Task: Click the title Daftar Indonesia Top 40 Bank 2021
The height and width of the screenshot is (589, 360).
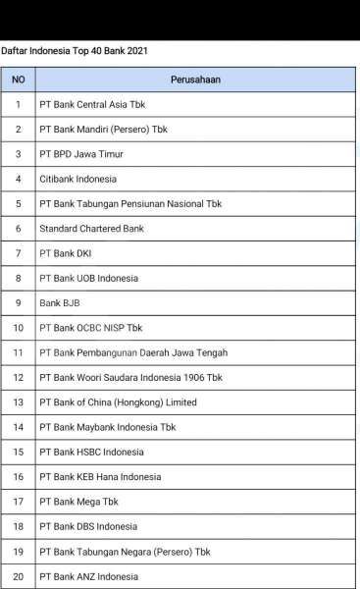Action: click(x=75, y=50)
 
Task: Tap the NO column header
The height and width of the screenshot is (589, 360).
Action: click(x=18, y=80)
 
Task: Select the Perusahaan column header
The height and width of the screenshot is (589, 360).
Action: click(x=194, y=80)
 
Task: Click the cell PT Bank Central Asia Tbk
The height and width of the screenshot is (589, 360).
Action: click(x=92, y=104)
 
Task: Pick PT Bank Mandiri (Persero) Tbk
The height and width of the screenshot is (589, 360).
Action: click(x=103, y=130)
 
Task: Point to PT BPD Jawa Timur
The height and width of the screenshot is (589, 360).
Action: click(x=81, y=154)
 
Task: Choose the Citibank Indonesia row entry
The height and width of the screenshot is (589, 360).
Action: click(x=77, y=179)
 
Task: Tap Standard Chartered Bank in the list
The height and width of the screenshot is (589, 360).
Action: click(x=91, y=229)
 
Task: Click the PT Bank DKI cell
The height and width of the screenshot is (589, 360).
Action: click(x=65, y=253)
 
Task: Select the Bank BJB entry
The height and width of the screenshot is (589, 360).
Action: click(x=60, y=303)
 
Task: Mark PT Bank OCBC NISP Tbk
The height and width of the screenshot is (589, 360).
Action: click(x=90, y=328)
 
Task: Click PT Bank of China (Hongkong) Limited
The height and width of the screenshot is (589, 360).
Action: click(x=118, y=402)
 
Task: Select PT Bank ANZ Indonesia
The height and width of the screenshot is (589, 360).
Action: click(x=88, y=576)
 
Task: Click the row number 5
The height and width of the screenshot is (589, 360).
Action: click(x=18, y=204)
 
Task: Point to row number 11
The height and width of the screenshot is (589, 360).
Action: click(x=18, y=352)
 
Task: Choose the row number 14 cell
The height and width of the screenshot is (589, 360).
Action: click(x=18, y=427)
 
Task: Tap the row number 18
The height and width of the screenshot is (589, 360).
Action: click(x=18, y=526)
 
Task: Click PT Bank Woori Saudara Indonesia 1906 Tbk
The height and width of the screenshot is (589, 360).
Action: click(x=130, y=378)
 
